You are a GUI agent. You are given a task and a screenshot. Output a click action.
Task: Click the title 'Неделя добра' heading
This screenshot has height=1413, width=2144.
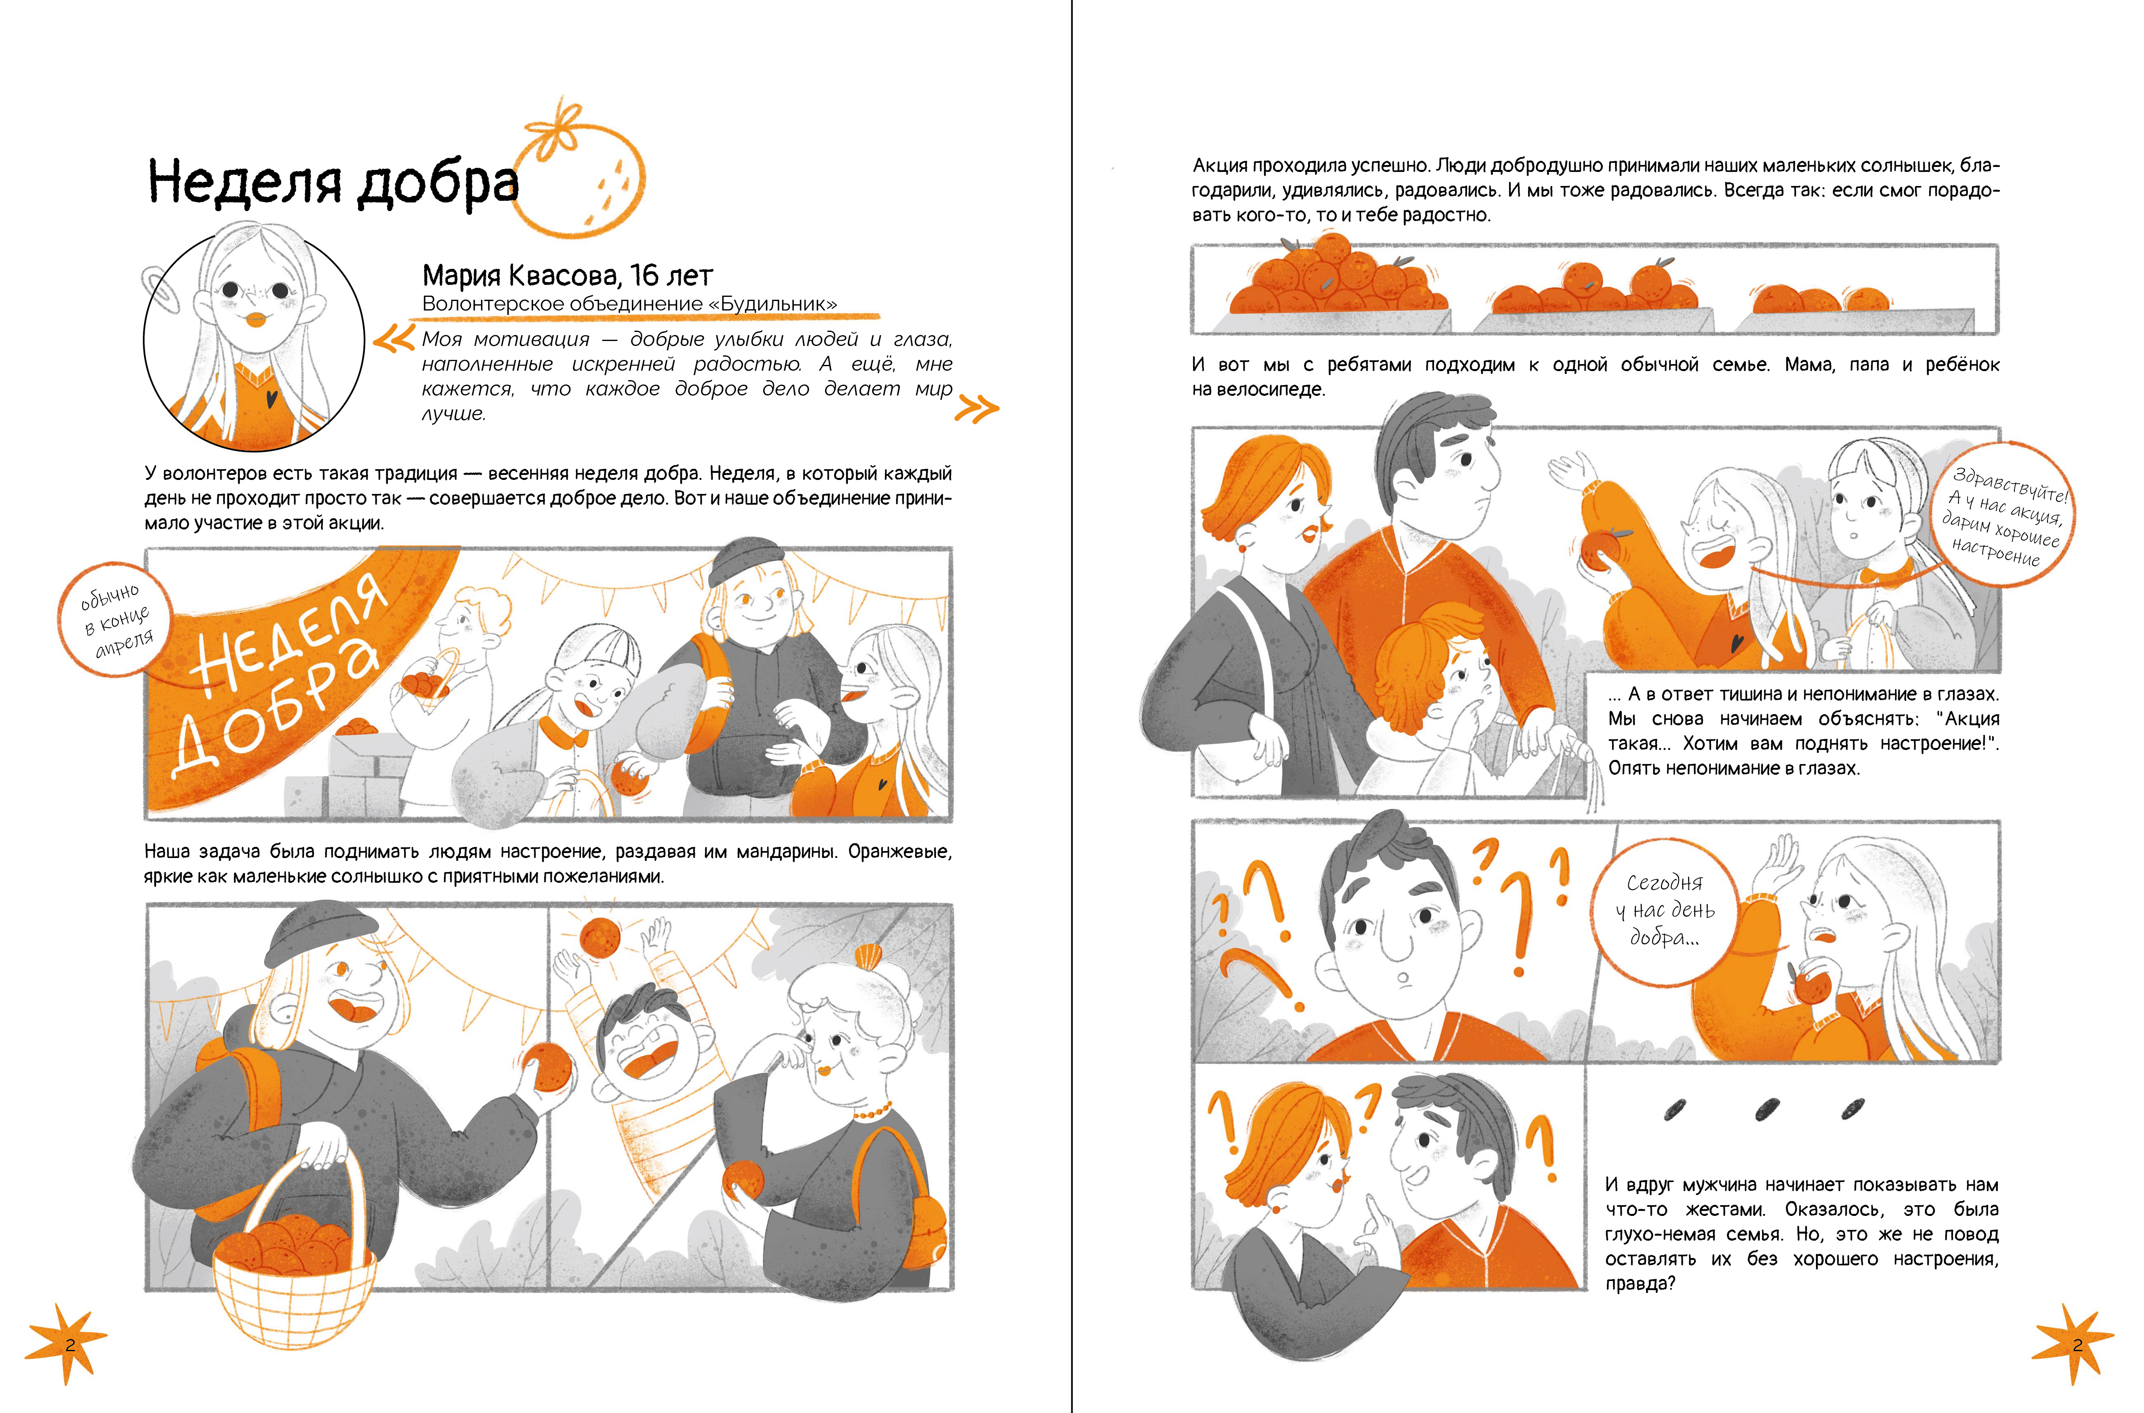coord(334,182)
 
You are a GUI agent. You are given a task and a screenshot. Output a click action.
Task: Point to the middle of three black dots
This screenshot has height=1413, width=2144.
coord(1767,1108)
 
